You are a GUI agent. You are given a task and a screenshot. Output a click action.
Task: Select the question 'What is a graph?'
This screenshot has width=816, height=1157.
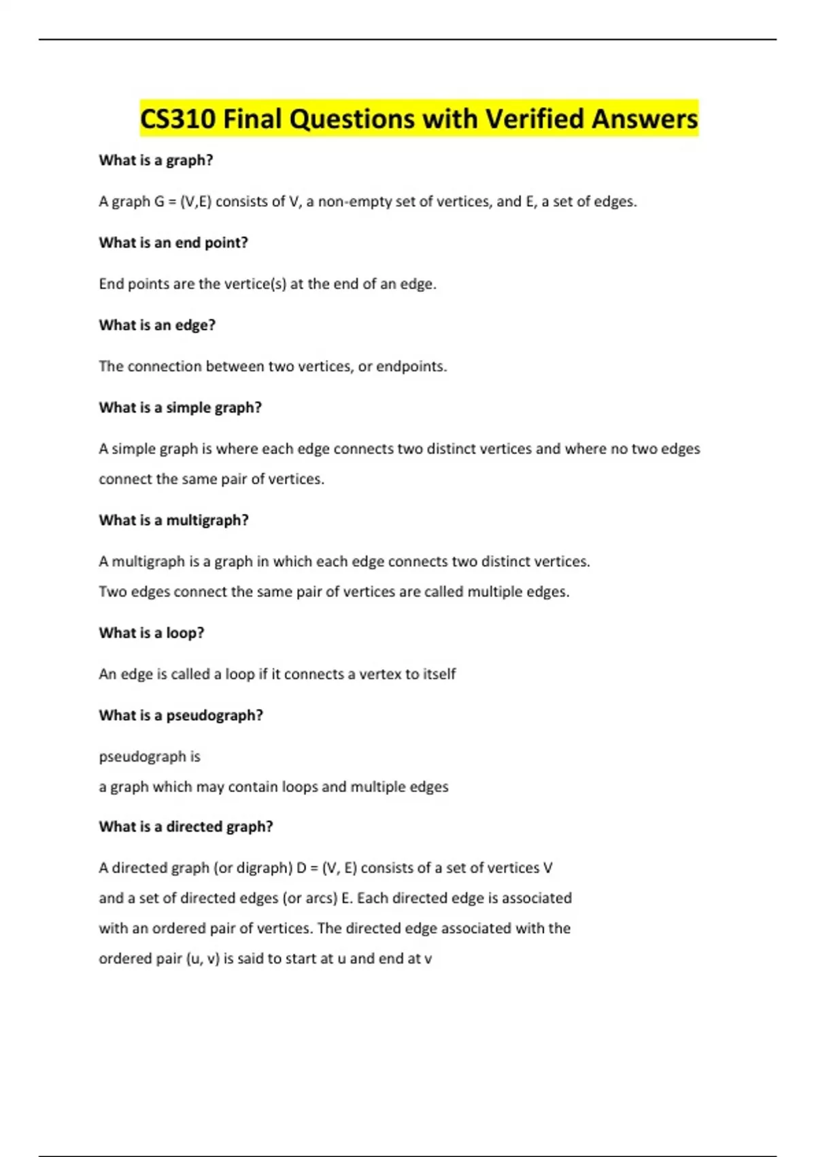(156, 161)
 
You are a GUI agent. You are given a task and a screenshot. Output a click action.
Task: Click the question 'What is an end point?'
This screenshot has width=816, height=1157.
(173, 243)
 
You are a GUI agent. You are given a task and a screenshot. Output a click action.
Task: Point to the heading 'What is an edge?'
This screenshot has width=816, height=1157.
(157, 325)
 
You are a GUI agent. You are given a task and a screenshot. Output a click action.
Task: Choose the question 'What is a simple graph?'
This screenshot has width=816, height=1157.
(180, 408)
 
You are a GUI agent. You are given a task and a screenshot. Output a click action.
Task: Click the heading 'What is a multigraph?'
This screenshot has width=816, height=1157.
(173, 521)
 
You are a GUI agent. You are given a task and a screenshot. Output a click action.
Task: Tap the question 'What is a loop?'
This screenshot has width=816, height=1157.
(152, 633)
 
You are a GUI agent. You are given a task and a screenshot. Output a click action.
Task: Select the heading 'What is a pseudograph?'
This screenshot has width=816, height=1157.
(181, 715)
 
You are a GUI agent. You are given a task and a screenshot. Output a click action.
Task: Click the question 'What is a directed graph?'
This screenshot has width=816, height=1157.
(186, 827)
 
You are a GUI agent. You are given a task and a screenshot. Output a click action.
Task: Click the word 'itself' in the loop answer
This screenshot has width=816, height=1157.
(439, 674)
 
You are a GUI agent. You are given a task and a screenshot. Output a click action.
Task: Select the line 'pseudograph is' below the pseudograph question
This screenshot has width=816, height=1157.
(150, 757)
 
